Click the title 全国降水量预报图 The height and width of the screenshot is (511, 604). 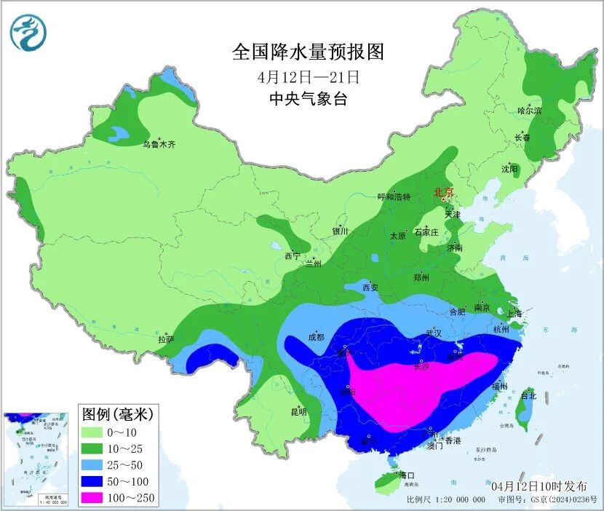point(307,52)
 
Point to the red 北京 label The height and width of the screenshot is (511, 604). point(443,193)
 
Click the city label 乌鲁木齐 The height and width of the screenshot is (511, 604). point(159,145)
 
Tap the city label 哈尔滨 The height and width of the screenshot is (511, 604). point(529,111)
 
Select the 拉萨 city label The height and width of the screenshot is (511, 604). point(166,339)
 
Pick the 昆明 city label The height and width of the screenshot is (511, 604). point(298,412)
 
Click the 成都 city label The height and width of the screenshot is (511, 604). point(316,337)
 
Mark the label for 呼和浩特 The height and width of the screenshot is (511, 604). point(394,197)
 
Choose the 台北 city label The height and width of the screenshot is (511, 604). point(528,396)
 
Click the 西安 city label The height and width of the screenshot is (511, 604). point(370,288)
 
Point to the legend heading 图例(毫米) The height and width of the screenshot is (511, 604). point(116,415)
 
